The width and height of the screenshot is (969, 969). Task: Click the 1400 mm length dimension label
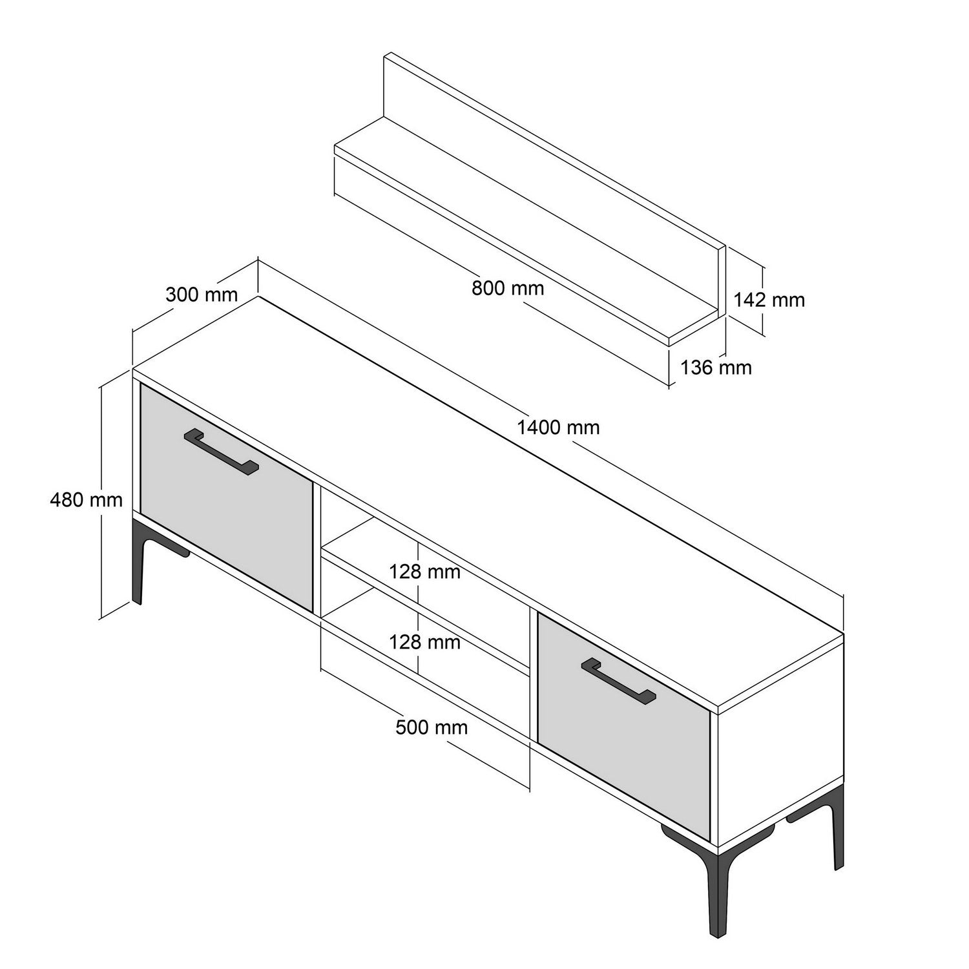pos(558,428)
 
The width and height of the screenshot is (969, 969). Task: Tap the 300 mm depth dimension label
pos(202,295)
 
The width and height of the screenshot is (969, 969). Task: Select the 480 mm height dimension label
pos(86,499)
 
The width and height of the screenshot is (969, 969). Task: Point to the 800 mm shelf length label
pos(508,288)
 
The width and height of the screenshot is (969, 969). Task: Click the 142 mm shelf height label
pos(769,300)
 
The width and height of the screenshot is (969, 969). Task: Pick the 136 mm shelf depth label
pos(716,368)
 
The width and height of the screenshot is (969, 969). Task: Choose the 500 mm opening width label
pos(432,727)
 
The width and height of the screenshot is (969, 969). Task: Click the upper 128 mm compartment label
pos(424,572)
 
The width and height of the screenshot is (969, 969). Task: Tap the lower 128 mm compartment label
pos(424,642)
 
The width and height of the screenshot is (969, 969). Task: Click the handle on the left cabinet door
pos(221,452)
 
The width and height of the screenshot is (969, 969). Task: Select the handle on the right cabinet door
pos(618,680)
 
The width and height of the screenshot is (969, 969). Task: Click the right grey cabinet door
pos(624,727)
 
